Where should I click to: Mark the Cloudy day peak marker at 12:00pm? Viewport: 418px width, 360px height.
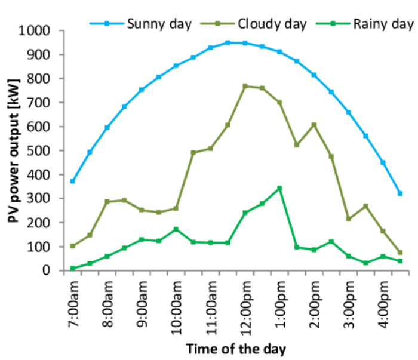pyautogui.click(x=245, y=87)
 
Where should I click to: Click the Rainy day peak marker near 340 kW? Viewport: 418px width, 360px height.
pyautogui.click(x=279, y=189)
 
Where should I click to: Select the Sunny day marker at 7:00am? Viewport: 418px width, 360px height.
pyautogui.click(x=73, y=181)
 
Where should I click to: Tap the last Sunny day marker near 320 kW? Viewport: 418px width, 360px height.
pyautogui.click(x=400, y=193)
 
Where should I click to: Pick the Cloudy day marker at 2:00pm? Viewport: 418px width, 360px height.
pyautogui.click(x=314, y=125)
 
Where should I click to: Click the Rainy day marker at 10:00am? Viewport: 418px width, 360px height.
pyautogui.click(x=176, y=229)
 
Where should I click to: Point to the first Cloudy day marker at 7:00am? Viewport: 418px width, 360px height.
pyautogui.click(x=73, y=246)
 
